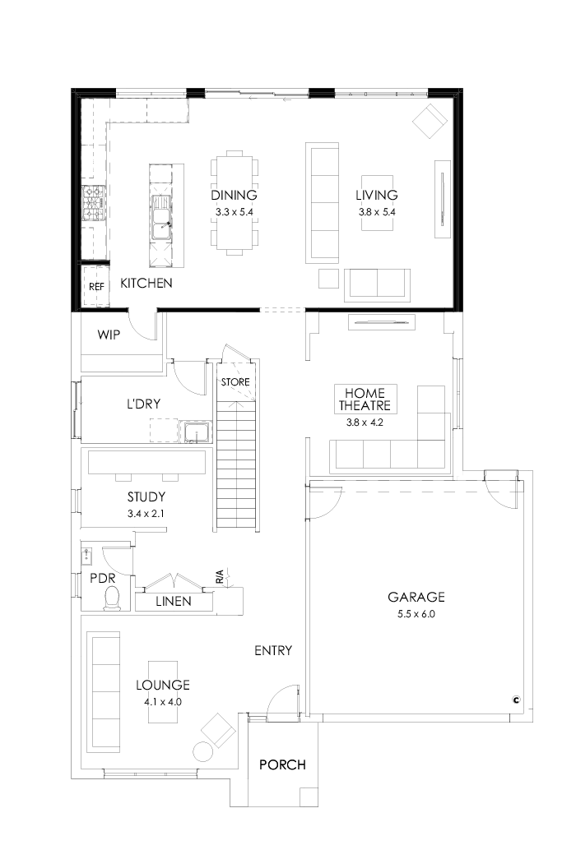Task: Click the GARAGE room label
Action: pyautogui.click(x=416, y=597)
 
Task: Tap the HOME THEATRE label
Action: pyautogui.click(x=366, y=399)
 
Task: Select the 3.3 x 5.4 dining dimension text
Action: pyautogui.click(x=234, y=211)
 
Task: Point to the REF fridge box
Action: pyautogui.click(x=96, y=286)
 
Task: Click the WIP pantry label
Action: pyautogui.click(x=110, y=335)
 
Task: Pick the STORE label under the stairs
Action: pyautogui.click(x=235, y=382)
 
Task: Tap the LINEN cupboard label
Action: pyautogui.click(x=174, y=602)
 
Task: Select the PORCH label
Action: pyautogui.click(x=282, y=764)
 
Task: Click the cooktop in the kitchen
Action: pyautogui.click(x=93, y=204)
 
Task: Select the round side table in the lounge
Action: pyautogui.click(x=202, y=750)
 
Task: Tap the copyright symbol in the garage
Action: pyautogui.click(x=516, y=700)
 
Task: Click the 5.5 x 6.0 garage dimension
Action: pyautogui.click(x=416, y=613)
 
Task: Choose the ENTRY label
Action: pyautogui.click(x=273, y=650)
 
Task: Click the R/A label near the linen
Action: pyautogui.click(x=220, y=578)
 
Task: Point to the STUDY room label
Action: pyautogui.click(x=146, y=496)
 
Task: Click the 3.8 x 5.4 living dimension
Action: pyautogui.click(x=376, y=211)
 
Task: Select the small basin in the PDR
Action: pyautogui.click(x=87, y=556)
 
